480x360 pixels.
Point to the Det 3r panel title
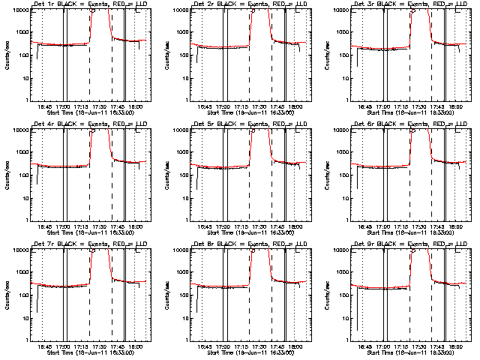(408, 4)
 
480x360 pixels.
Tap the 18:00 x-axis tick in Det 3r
(455, 106)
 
